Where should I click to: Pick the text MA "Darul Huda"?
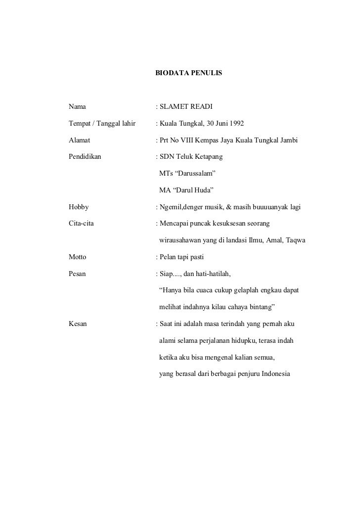click(x=186, y=190)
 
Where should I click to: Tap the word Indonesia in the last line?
click(x=272, y=373)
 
